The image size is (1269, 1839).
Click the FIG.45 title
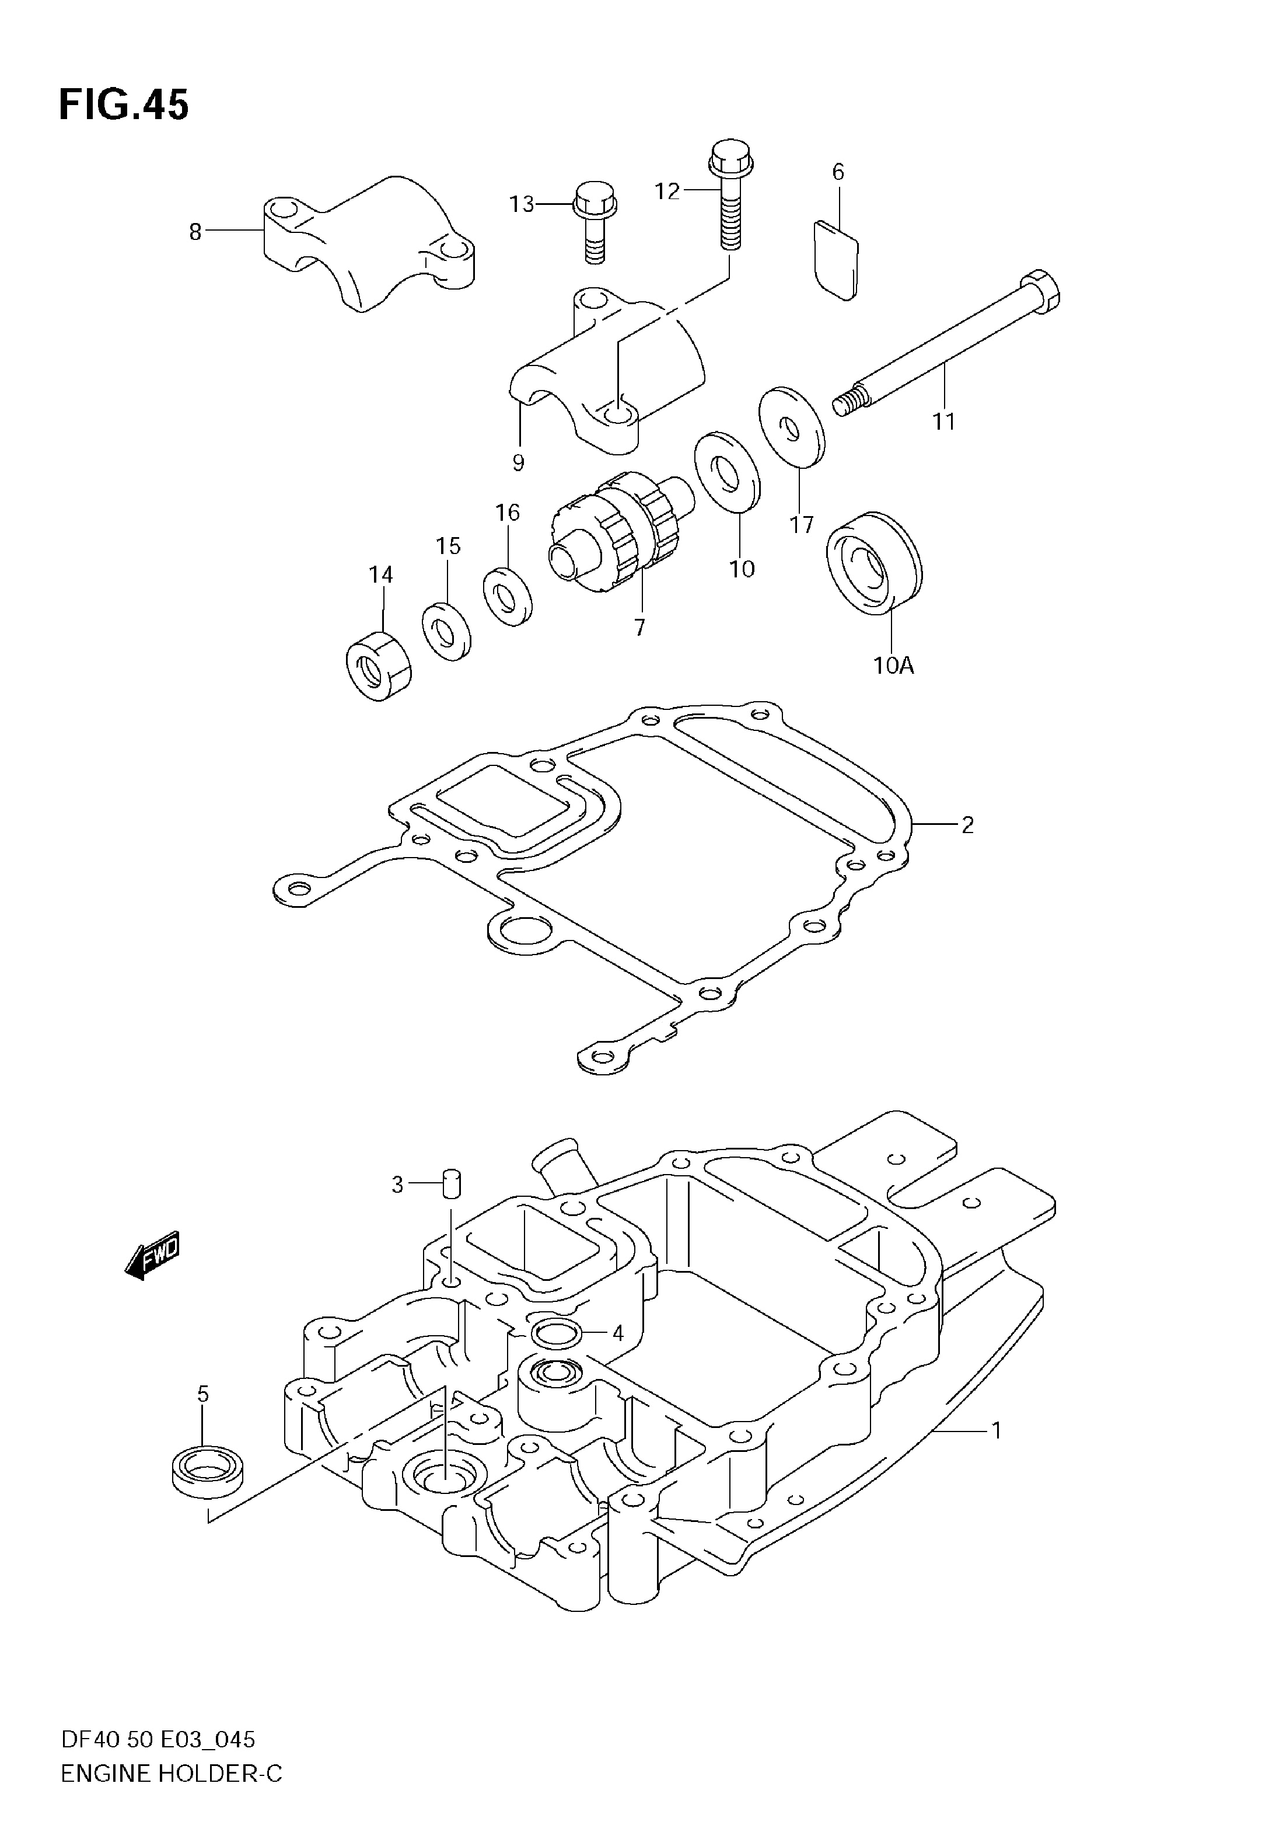point(124,106)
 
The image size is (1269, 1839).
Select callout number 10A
point(894,665)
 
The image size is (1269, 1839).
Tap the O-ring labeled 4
point(556,1332)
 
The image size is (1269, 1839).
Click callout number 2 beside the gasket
point(967,826)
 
